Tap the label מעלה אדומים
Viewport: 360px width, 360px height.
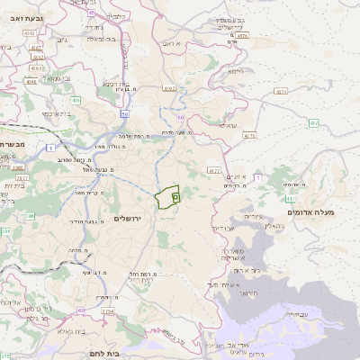[310, 211]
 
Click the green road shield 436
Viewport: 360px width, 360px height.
[76, 101]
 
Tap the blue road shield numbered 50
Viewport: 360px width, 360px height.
[125, 114]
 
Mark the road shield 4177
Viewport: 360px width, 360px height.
[213, 169]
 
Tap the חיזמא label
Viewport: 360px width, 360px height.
[236, 71]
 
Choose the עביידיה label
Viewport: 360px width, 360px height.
[296, 314]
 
